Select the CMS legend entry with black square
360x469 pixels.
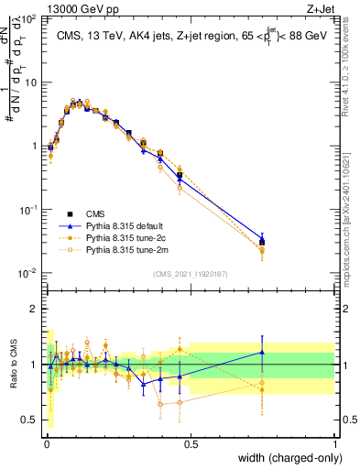[110, 212]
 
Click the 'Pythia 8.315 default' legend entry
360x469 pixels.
[128, 224]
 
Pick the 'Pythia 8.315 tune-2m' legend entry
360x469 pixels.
[128, 248]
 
